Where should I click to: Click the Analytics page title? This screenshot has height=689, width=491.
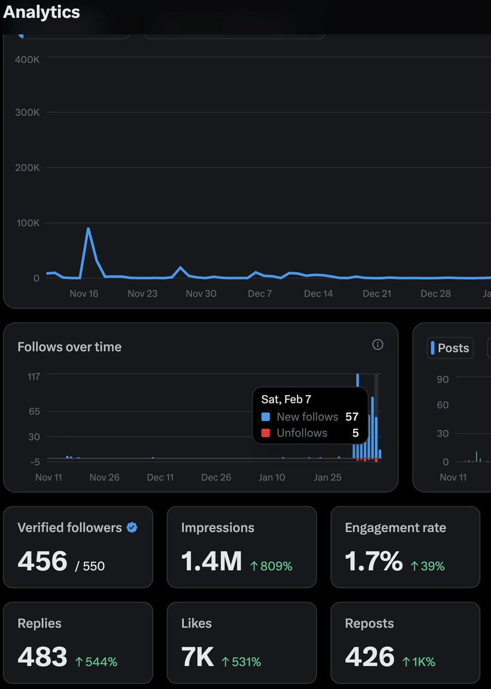[41, 12]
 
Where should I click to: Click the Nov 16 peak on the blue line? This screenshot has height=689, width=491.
[88, 229]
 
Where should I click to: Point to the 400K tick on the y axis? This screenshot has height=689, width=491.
[27, 60]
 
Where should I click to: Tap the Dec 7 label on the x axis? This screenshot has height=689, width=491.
[260, 293]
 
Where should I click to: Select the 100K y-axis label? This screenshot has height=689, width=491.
[27, 223]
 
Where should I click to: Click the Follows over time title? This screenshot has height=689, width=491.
[69, 347]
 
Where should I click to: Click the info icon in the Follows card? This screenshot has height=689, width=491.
[377, 344]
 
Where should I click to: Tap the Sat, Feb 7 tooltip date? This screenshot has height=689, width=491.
[287, 399]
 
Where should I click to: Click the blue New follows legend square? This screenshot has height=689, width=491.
[265, 417]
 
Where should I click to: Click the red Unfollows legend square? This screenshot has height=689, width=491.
[265, 433]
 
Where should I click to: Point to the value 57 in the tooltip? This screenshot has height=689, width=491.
[351, 417]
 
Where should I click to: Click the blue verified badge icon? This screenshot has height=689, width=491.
[132, 528]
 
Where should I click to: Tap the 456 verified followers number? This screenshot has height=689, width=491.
[42, 560]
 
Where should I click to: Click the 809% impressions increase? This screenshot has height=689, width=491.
[271, 566]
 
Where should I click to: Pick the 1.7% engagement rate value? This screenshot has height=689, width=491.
[373, 560]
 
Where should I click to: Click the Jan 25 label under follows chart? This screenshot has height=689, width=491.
[328, 477]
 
